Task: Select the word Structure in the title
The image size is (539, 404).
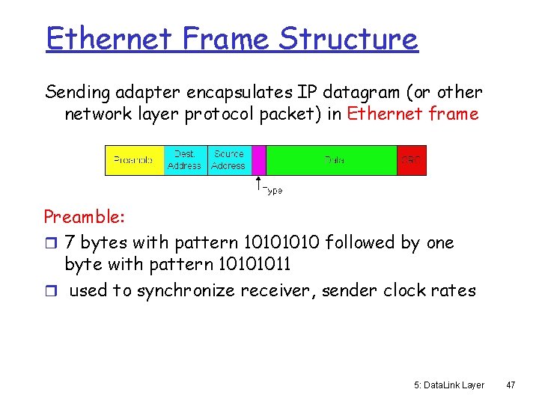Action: tap(348, 38)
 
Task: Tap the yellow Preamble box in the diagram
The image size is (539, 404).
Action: tap(134, 160)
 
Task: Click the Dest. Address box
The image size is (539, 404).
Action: tap(185, 160)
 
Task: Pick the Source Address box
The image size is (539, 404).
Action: tap(228, 160)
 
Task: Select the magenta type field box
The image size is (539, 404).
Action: tap(259, 160)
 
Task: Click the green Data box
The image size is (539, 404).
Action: tap(332, 160)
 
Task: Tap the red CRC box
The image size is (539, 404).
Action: tap(411, 160)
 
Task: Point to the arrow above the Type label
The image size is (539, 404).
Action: tap(258, 184)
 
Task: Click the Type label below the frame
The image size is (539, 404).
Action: tap(272, 191)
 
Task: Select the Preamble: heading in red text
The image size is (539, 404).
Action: tap(84, 218)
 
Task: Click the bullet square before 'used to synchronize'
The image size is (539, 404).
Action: tap(50, 291)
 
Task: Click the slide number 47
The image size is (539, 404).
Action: tap(511, 385)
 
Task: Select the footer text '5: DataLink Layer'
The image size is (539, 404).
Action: tap(448, 385)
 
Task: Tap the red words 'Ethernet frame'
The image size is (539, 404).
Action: tap(412, 114)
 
